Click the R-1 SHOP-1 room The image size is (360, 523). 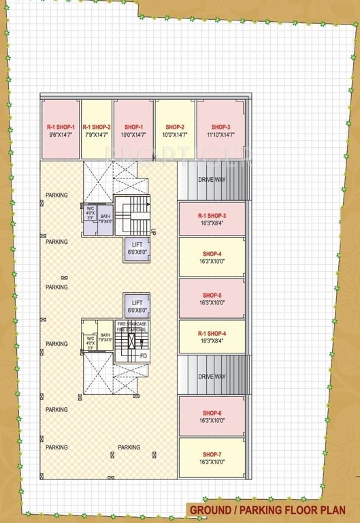(61, 130)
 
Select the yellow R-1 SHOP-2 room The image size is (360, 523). (97, 130)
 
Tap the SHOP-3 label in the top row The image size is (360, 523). (220, 127)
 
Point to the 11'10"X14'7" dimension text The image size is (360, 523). (220, 136)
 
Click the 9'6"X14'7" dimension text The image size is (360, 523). (61, 136)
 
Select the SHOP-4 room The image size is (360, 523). (211, 257)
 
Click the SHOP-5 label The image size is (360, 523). (211, 295)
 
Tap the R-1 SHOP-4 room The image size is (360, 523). (211, 336)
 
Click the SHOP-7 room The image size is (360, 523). (211, 458)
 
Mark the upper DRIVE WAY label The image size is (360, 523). (211, 180)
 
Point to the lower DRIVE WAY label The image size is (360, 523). (211, 376)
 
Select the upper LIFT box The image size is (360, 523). (136, 249)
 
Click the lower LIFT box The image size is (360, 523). (136, 305)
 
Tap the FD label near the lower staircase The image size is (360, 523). (143, 355)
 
